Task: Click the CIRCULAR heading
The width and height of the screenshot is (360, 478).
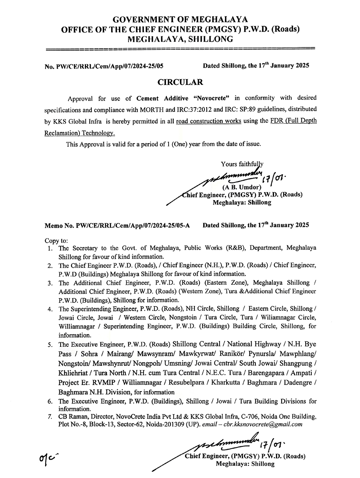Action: point(180,82)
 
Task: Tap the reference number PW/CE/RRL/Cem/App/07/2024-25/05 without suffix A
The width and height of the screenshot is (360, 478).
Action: point(109,66)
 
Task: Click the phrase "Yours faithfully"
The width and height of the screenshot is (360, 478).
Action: point(242,164)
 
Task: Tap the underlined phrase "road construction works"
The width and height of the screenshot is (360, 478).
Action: point(208,121)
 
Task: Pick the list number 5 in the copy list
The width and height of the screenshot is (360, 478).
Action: point(50,344)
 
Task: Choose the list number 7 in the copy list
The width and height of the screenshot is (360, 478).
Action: point(50,417)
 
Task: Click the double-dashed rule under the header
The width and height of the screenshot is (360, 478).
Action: point(180,49)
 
